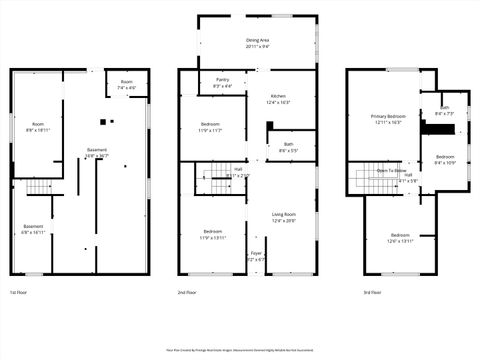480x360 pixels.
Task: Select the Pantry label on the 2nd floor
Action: pyautogui.click(x=222, y=83)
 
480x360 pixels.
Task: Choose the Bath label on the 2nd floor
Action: pyautogui.click(x=288, y=147)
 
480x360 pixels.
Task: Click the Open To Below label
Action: pyautogui.click(x=392, y=171)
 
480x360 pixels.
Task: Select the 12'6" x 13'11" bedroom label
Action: pyautogui.click(x=400, y=237)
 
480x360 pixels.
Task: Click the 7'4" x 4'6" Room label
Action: pyautogui.click(x=127, y=85)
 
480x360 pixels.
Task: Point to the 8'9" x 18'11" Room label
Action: pyautogui.click(x=37, y=127)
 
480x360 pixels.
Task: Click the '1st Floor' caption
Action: pyautogui.click(x=18, y=292)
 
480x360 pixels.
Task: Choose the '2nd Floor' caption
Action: pyautogui.click(x=187, y=292)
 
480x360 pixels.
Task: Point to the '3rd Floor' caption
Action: pyautogui.click(x=372, y=292)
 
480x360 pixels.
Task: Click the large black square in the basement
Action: pyautogui.click(x=102, y=122)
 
